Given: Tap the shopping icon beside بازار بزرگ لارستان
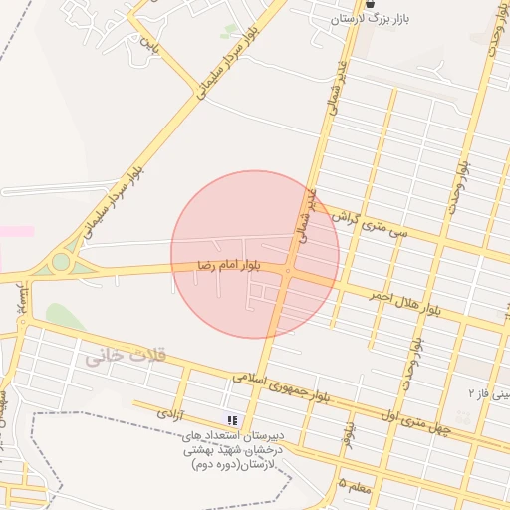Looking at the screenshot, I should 371,5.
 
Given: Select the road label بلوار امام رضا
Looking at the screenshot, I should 230,266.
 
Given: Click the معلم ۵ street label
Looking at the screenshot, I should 356,483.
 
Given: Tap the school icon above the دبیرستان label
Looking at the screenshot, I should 232,421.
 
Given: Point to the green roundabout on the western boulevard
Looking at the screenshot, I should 62,262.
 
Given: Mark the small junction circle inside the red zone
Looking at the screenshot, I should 287,271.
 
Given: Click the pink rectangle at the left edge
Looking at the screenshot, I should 16,231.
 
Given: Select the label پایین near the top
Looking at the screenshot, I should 147,44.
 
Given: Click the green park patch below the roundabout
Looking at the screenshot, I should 64,317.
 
